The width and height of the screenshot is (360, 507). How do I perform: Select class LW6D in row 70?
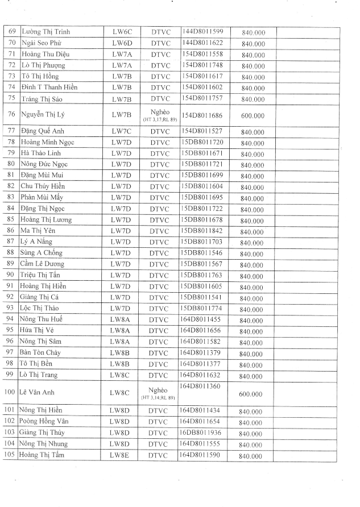point(122,43)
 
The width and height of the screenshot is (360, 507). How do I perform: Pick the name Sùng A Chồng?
point(42,252)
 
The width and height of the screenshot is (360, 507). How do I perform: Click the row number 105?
point(11,455)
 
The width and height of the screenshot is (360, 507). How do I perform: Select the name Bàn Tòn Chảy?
point(42,352)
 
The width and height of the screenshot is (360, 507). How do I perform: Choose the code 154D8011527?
point(202,130)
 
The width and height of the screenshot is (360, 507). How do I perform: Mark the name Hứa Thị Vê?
point(39,330)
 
